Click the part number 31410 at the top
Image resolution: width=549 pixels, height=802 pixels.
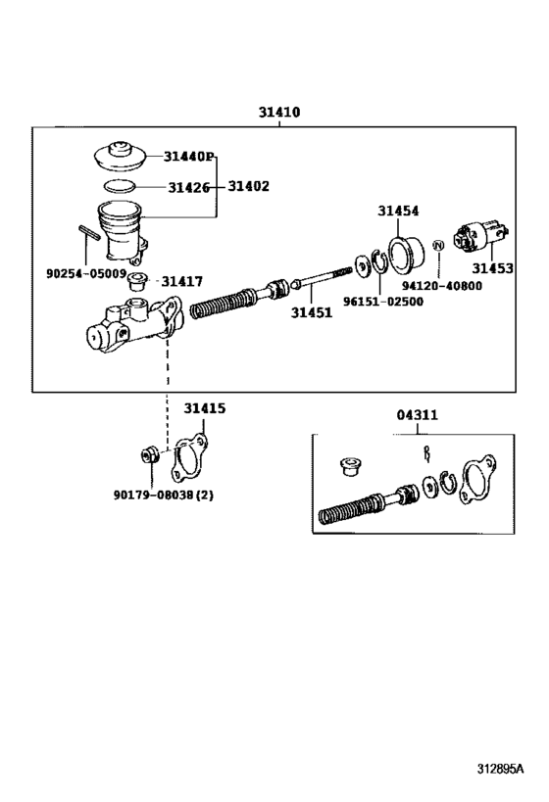[x=279, y=113]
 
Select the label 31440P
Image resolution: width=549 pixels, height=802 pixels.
[x=189, y=157]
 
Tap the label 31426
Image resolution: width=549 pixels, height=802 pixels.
[x=188, y=186]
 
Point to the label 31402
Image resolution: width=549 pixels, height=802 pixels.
[x=249, y=185]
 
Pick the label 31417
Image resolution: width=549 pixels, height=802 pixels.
[x=181, y=281]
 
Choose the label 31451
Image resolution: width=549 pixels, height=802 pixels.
[x=311, y=313]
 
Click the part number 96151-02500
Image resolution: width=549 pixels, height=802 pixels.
[x=384, y=301]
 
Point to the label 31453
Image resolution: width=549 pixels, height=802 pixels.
[x=492, y=267]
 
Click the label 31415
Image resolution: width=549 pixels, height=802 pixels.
[x=204, y=407]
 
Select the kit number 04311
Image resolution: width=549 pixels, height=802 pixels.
[x=418, y=414]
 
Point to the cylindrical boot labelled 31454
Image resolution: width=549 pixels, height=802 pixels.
[x=405, y=251]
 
